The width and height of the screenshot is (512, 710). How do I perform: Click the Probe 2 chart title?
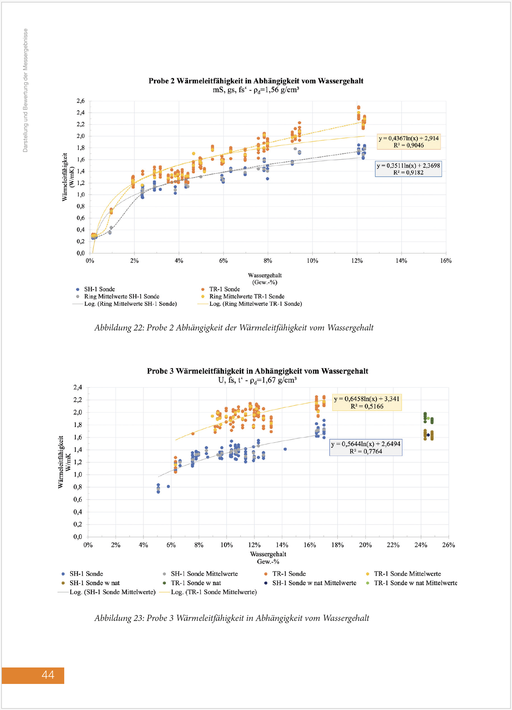(x=256, y=81)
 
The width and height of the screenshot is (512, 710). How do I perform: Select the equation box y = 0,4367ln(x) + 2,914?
(x=408, y=142)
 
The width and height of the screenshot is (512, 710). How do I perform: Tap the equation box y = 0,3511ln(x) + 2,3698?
(x=408, y=169)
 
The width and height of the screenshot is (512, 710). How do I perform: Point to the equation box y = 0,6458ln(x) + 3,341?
(x=366, y=402)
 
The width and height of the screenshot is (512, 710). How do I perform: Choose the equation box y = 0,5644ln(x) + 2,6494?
(x=366, y=447)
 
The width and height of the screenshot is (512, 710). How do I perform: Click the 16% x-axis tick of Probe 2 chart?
(x=446, y=261)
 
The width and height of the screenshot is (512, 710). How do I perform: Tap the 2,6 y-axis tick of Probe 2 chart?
(x=80, y=101)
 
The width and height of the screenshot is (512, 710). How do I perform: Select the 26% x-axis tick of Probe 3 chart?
(x=448, y=545)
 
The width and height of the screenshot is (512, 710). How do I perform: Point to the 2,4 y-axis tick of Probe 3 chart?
(x=78, y=387)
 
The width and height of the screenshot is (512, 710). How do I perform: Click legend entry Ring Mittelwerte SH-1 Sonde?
(x=121, y=296)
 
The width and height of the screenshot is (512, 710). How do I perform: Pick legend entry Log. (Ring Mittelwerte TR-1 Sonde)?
(x=255, y=304)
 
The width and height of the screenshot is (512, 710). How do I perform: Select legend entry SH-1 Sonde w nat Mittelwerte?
(x=314, y=583)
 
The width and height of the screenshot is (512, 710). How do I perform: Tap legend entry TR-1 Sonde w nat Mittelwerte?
(x=415, y=583)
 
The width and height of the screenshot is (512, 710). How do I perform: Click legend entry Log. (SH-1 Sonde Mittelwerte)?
(x=112, y=592)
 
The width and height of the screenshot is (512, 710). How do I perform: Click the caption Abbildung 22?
(x=234, y=327)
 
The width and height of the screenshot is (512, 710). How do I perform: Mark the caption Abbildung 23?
(x=231, y=618)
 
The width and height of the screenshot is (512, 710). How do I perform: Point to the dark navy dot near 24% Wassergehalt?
(x=428, y=435)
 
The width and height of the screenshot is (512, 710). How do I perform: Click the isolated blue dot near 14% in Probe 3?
(x=285, y=449)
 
